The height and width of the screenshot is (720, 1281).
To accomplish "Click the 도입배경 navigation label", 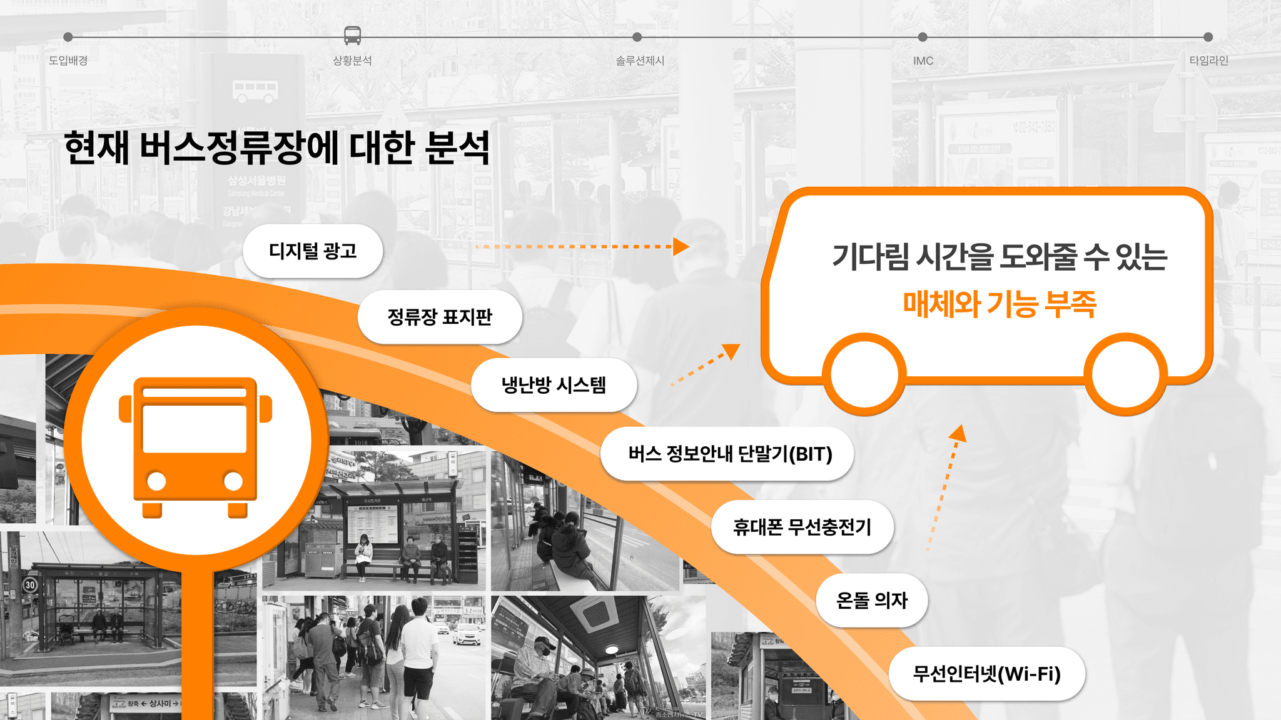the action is [68, 61].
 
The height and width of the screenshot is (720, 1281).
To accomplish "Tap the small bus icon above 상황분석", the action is [353, 36].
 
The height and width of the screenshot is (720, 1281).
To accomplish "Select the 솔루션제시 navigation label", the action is [639, 61].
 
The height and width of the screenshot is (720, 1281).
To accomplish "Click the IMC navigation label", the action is [923, 61].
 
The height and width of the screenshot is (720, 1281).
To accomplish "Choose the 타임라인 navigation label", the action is [1208, 61].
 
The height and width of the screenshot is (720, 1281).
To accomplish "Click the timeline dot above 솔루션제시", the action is [637, 37].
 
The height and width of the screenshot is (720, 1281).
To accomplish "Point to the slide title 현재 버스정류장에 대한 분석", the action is [276, 147].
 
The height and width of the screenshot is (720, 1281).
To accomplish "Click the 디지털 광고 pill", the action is [313, 251].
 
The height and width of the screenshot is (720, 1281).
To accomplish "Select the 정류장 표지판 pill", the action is [440, 317].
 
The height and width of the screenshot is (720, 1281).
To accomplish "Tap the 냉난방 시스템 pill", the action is [554, 385].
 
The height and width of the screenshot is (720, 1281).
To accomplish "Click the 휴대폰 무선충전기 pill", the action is [802, 527].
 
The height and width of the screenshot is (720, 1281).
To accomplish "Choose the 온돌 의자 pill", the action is [871, 600].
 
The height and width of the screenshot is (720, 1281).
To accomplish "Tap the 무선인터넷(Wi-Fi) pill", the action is [986, 674].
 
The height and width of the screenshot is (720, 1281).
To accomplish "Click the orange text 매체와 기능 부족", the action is [999, 304].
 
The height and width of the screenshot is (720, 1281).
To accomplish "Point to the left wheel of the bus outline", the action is [864, 374].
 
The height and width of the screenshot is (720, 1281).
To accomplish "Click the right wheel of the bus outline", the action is [1125, 374].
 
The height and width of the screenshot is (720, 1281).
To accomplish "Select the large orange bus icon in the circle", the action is [196, 446].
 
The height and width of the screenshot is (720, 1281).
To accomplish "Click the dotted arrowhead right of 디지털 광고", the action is [681, 246].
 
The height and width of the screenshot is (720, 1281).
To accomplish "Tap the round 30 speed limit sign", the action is [30, 585].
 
